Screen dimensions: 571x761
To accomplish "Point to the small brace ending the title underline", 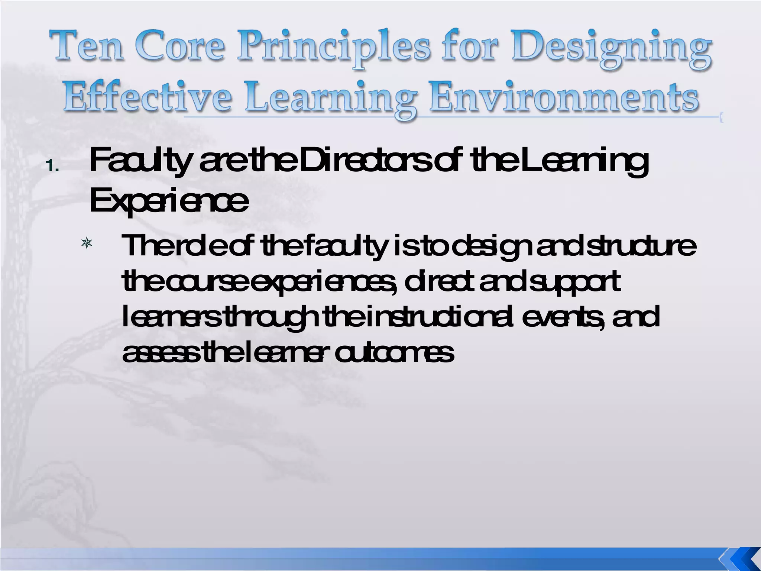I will (x=721, y=119).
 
